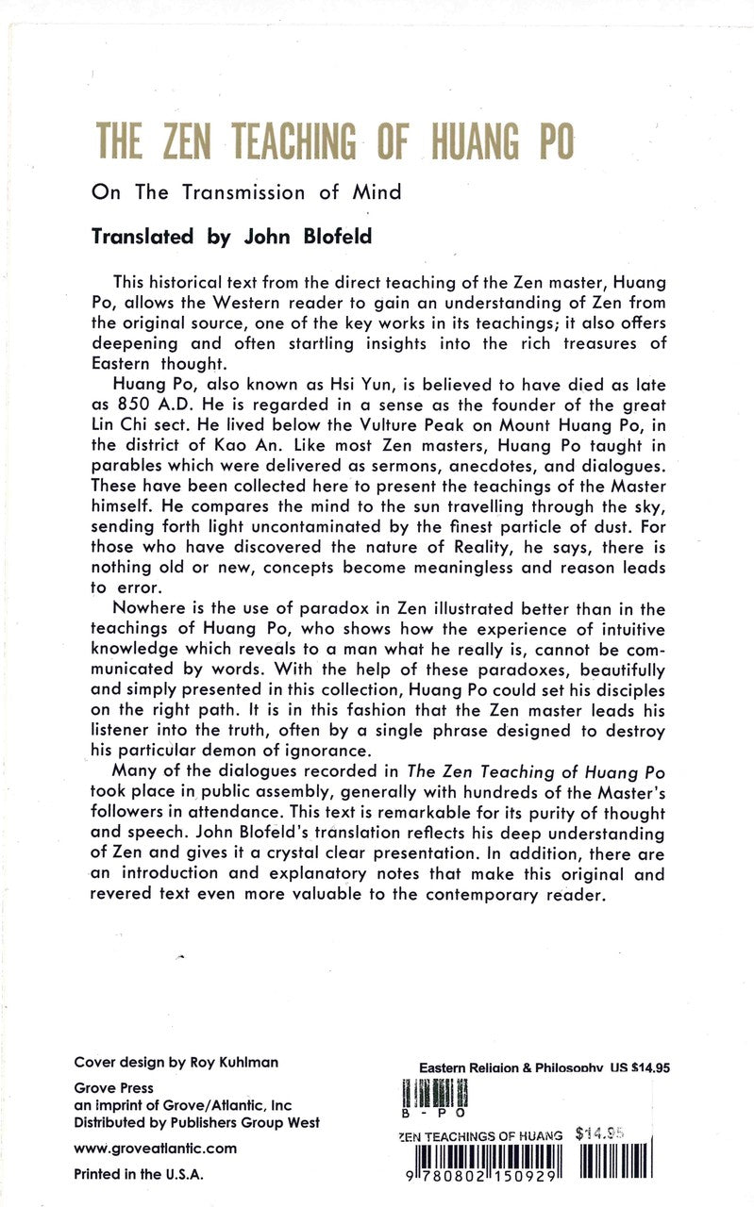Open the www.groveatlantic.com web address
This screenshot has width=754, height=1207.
(155, 1149)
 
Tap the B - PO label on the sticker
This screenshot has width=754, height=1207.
(421, 1113)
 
